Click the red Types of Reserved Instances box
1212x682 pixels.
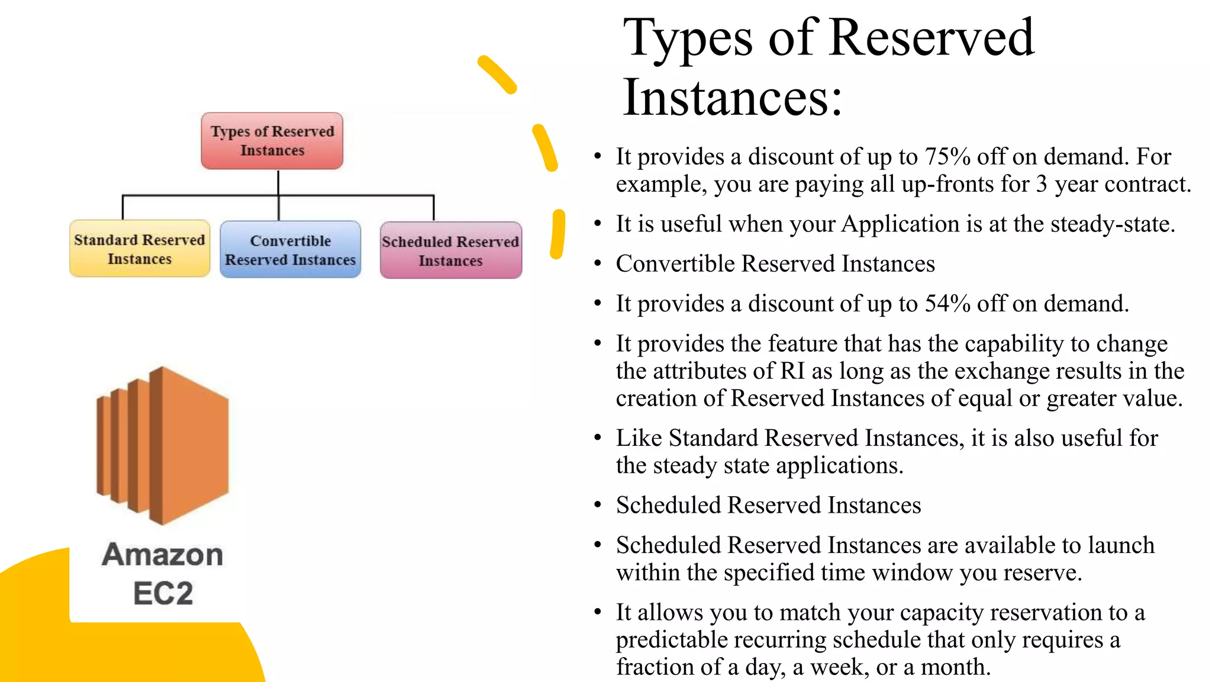[x=272, y=141]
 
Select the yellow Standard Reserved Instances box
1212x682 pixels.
[x=140, y=249]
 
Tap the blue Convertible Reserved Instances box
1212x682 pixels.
[x=290, y=250]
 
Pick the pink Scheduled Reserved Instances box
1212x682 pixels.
[x=450, y=250]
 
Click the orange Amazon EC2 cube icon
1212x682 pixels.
[x=163, y=445]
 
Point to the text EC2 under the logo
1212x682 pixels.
[x=163, y=593]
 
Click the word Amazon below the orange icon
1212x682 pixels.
[x=163, y=555]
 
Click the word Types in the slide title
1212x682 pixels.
[x=688, y=38]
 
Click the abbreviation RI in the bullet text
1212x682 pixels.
[x=792, y=371]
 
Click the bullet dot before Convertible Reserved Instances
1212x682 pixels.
[x=598, y=263]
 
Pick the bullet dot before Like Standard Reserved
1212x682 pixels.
[x=598, y=438]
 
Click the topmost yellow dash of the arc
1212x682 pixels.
[x=497, y=74]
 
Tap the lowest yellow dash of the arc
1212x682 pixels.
[x=557, y=234]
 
